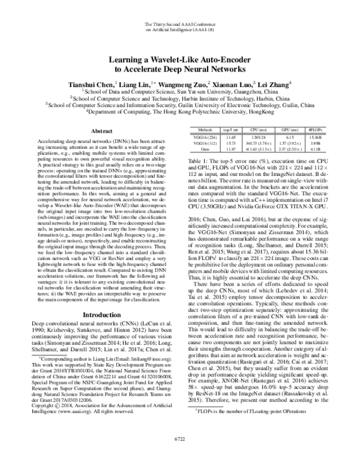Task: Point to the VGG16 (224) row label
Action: (x=206, y=138)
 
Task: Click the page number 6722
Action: (x=180, y=455)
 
